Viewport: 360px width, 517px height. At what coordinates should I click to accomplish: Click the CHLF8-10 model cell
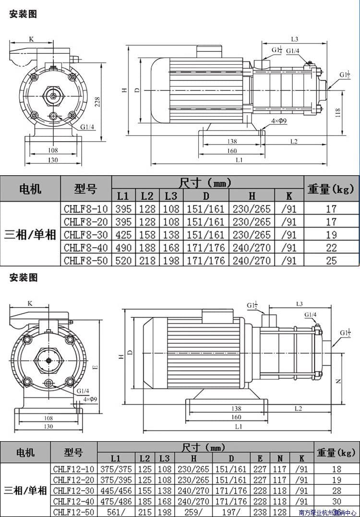click(x=86, y=209)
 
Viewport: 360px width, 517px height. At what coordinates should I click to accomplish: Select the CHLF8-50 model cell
click(x=86, y=261)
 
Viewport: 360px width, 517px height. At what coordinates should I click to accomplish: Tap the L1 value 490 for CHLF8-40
click(x=123, y=248)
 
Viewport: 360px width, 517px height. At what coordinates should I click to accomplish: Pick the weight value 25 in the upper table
click(x=331, y=261)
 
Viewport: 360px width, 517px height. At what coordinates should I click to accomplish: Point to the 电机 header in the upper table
click(x=30, y=189)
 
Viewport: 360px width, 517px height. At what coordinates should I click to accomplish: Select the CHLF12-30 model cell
click(x=74, y=490)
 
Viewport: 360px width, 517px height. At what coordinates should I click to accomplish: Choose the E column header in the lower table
click(x=260, y=458)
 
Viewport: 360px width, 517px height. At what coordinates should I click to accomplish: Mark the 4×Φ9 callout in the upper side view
click(x=279, y=121)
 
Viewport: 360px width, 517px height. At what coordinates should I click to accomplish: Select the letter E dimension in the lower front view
click(x=95, y=368)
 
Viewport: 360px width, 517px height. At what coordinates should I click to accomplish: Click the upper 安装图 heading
click(x=23, y=14)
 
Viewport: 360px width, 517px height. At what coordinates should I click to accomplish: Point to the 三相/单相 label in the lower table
click(x=25, y=490)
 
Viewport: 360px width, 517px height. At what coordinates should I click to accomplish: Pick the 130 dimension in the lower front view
click(x=48, y=426)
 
